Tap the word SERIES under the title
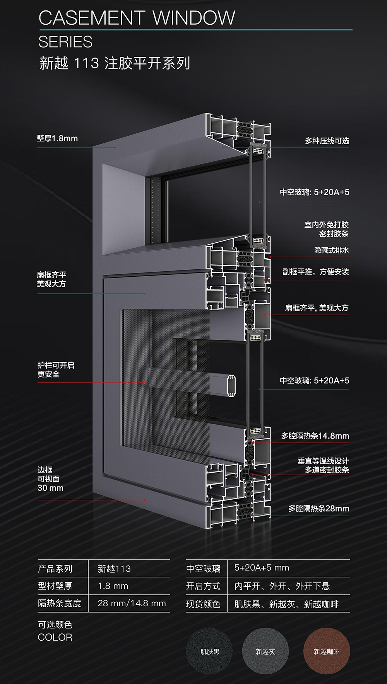[x=65, y=42]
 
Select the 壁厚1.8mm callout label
[x=57, y=138]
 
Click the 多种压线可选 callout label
[x=327, y=141]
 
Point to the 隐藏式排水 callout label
[x=332, y=250]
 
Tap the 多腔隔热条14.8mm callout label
[x=315, y=436]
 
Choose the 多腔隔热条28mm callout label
[x=319, y=509]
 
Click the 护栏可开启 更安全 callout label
[x=56, y=369]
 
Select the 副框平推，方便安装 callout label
[x=316, y=272]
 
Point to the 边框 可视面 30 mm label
[x=50, y=479]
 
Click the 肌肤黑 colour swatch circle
[x=209, y=652]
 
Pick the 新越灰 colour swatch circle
[x=265, y=652]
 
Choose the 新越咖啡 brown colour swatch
[x=327, y=652]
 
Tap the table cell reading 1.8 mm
[x=113, y=586]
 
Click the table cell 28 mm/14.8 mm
[x=132, y=603]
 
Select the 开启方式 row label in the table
[x=203, y=586]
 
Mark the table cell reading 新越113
[x=114, y=569]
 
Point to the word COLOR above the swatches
[x=55, y=637]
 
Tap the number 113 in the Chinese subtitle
[x=86, y=63]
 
